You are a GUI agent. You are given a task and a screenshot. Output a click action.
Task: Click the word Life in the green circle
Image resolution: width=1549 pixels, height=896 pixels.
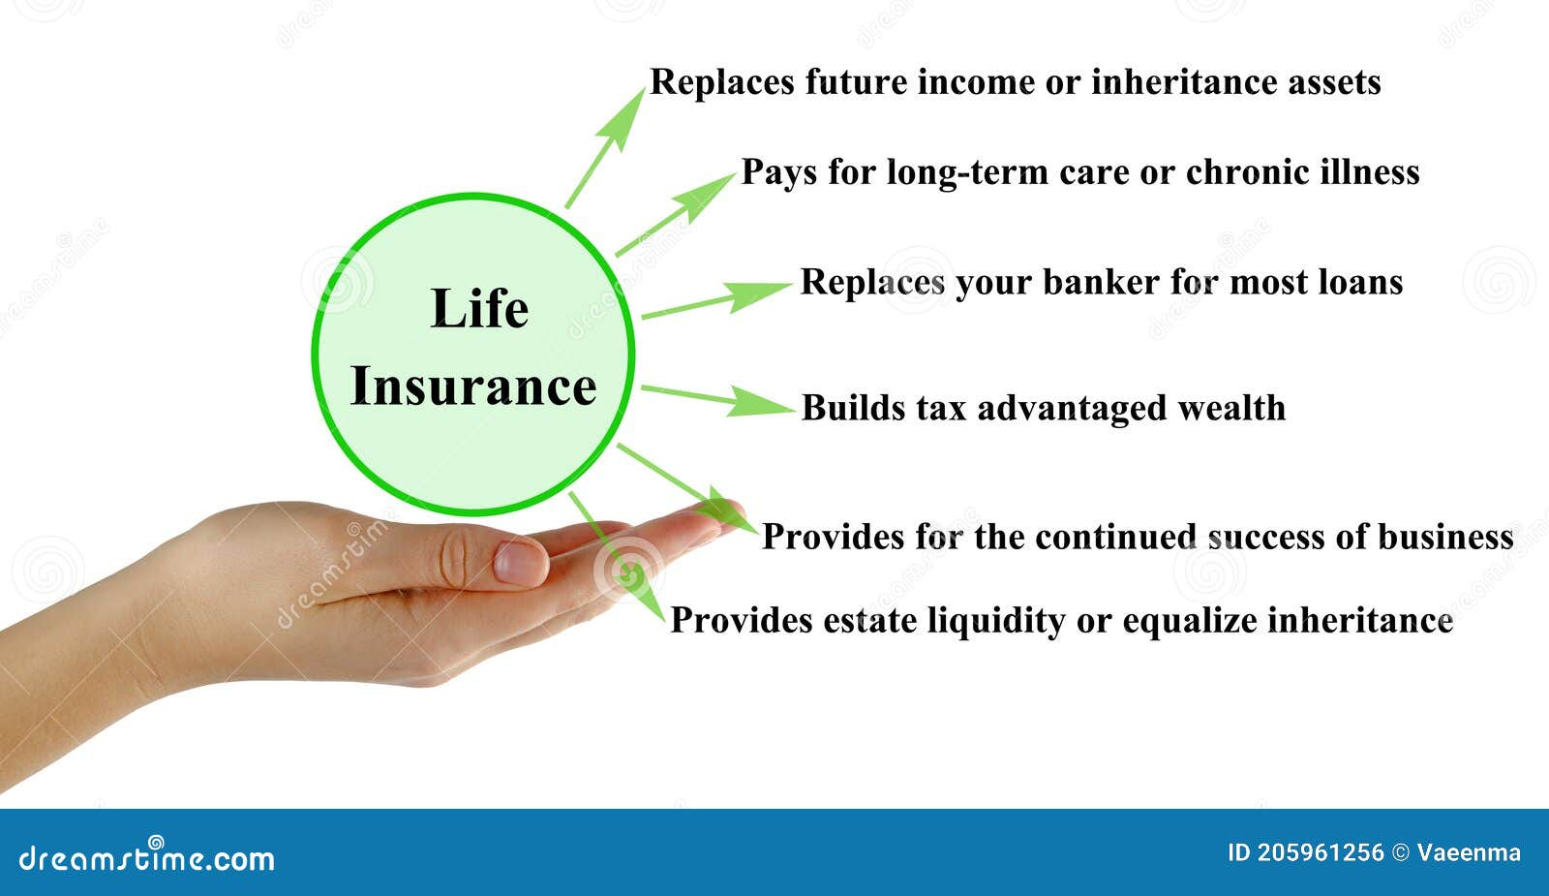click(x=479, y=309)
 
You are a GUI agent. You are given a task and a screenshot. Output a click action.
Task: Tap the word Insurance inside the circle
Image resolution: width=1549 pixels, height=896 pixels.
click(x=472, y=386)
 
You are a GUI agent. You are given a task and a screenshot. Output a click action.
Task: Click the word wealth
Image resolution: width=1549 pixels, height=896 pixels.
click(x=1231, y=408)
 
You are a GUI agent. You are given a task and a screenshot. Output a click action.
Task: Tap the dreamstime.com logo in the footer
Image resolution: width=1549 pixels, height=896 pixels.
click(x=147, y=857)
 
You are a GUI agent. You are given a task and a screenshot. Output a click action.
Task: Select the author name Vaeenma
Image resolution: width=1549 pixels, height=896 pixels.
click(x=1468, y=853)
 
